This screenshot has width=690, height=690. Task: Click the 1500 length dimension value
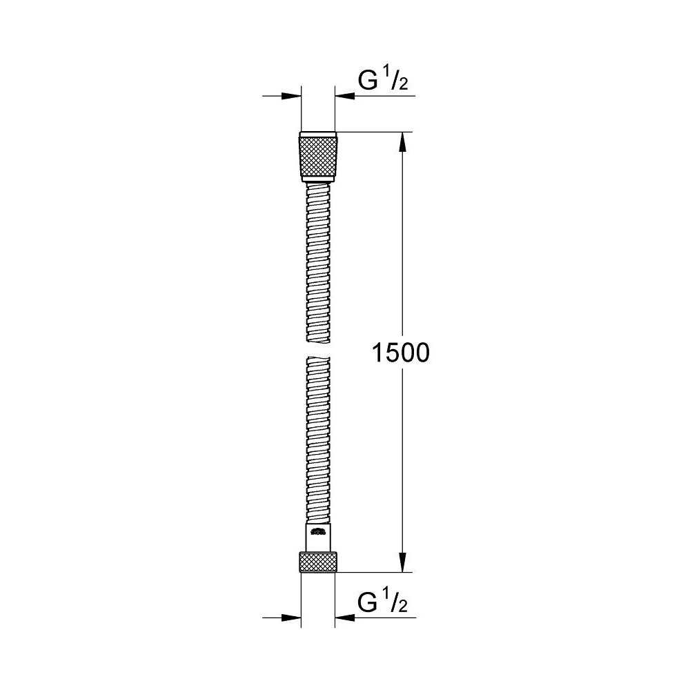[x=401, y=353]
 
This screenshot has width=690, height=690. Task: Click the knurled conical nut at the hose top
[x=318, y=156]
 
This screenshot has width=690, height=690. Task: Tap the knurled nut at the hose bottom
[x=318, y=562]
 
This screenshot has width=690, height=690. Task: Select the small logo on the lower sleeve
[x=318, y=532]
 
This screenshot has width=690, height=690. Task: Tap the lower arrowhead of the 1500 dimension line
[x=404, y=563]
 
